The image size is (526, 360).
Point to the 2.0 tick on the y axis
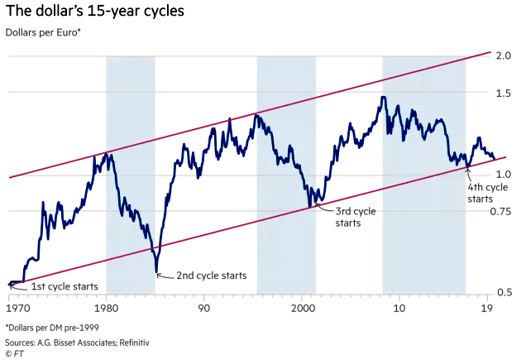pyautogui.click(x=503, y=55)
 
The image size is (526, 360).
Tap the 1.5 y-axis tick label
pyautogui.click(x=503, y=93)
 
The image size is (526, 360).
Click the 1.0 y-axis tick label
pyautogui.click(x=503, y=175)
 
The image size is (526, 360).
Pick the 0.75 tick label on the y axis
pyautogui.click(x=500, y=211)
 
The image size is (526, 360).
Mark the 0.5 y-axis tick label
pyautogui.click(x=503, y=292)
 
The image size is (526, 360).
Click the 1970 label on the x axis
pyautogui.click(x=18, y=308)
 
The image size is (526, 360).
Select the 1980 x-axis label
pyautogui.click(x=106, y=308)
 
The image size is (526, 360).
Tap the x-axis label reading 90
pyautogui.click(x=203, y=308)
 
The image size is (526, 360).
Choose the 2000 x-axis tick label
pyautogui.click(x=302, y=308)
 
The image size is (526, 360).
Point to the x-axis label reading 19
pyautogui.click(x=489, y=308)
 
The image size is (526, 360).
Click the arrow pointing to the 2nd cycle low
pyautogui.click(x=163, y=274)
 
